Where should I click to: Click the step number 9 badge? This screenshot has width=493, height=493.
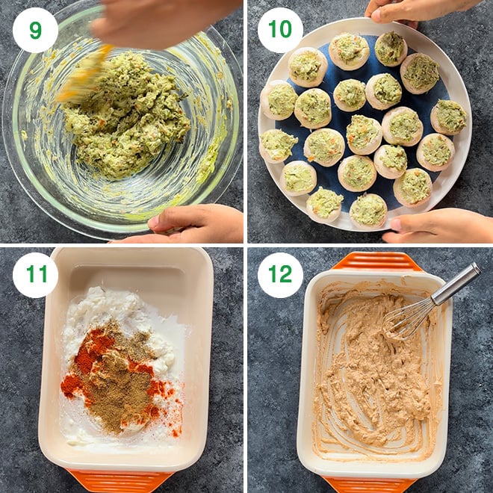point(35,30)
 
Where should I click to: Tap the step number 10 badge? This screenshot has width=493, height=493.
point(280,30)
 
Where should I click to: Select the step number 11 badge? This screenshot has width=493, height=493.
point(35,275)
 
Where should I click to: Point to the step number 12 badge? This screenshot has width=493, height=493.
point(280,275)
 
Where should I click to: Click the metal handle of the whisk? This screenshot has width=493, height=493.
point(456,284)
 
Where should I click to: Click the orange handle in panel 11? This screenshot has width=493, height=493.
point(120,480)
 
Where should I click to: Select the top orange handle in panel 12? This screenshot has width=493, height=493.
point(377,261)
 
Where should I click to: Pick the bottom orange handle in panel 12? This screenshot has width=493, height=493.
point(371,485)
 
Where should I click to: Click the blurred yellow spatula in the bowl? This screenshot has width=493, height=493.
point(84,74)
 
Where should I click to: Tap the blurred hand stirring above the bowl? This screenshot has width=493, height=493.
point(164,22)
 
